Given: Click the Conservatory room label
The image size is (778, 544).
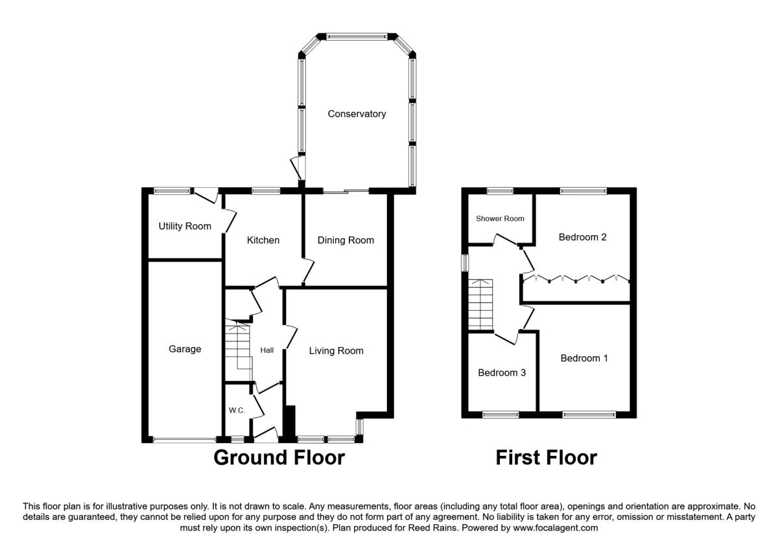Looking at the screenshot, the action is [x=357, y=114].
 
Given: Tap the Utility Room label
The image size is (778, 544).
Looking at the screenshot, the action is [x=185, y=226].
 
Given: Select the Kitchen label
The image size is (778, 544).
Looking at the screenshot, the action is [x=263, y=240].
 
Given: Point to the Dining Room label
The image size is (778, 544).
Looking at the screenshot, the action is [x=346, y=240].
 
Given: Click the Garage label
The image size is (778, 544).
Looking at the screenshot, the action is [x=185, y=348].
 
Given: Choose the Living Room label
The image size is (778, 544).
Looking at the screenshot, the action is [x=336, y=351].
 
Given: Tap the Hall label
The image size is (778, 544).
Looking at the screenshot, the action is [x=266, y=350].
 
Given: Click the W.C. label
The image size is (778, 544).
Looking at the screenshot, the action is [x=237, y=411].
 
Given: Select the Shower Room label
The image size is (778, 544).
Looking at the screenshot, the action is [x=500, y=219].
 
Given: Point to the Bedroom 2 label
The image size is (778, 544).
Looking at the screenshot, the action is [x=582, y=237].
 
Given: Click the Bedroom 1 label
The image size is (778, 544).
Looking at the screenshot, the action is [x=584, y=358].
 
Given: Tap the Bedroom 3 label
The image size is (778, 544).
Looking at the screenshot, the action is [x=502, y=372].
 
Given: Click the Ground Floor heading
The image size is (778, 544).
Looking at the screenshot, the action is [x=279, y=457].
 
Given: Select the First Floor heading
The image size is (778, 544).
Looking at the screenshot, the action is [x=547, y=457].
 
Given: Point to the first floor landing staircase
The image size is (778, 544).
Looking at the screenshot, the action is [x=480, y=304].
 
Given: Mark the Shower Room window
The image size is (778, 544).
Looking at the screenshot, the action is [x=500, y=190].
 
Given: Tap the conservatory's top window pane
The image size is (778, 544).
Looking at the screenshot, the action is [x=357, y=36].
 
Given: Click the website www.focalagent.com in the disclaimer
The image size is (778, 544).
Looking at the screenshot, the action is [x=556, y=528].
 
